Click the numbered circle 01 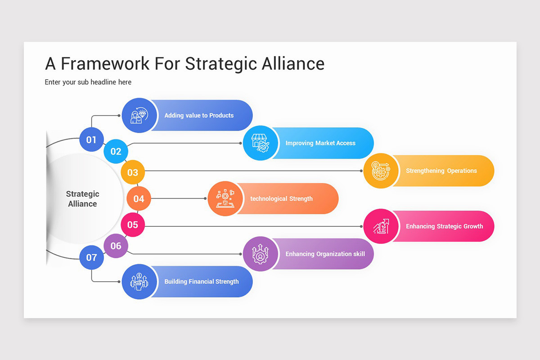point(92,139)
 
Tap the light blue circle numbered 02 point(116,151)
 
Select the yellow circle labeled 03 point(133,172)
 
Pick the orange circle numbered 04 point(139,198)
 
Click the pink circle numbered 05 point(133,225)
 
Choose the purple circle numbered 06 point(116,246)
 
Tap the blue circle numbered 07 point(92,257)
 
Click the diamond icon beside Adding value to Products point(139,115)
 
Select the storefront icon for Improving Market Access point(261,143)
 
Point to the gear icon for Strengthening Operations point(381,171)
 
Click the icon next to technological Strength point(225,198)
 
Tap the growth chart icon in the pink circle point(381,226)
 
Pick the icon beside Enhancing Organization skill point(261,254)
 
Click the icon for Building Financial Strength point(139,282)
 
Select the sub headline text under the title point(88,82)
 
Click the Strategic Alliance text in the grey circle point(82,199)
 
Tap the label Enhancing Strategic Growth point(445,226)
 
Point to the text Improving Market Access point(320,143)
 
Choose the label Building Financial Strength point(202,282)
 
